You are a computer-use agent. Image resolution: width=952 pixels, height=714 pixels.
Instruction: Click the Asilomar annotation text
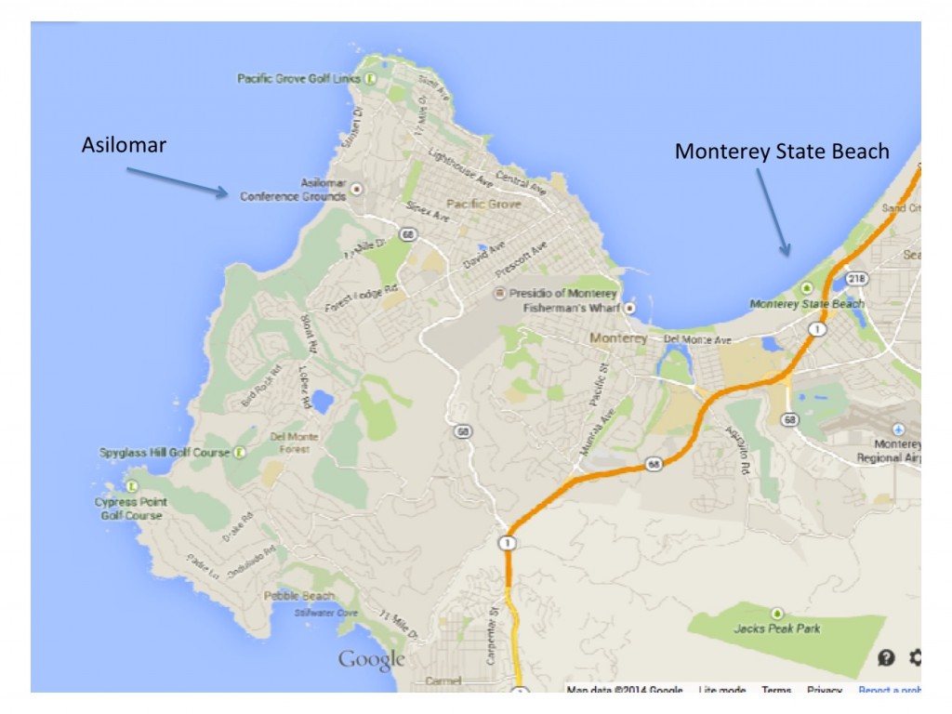point(124,145)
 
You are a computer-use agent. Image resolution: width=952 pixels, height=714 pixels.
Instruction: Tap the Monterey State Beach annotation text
point(782,152)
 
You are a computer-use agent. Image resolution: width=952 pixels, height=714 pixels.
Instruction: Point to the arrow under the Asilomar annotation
point(177,181)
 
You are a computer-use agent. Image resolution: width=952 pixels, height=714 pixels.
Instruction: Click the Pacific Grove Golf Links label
point(298,79)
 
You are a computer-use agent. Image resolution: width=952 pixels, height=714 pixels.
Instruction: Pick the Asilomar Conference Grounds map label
point(294,191)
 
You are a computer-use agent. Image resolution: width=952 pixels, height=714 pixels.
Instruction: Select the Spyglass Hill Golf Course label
point(165,453)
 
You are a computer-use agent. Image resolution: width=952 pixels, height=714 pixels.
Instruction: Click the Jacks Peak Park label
point(776,628)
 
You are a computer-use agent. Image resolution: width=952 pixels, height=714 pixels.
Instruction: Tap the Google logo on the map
point(371,660)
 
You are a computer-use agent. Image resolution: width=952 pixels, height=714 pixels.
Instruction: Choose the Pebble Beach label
point(298,596)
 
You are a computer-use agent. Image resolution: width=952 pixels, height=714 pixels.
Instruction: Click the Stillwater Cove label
point(325,614)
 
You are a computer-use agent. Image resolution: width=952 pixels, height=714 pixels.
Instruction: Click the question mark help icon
point(886,658)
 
